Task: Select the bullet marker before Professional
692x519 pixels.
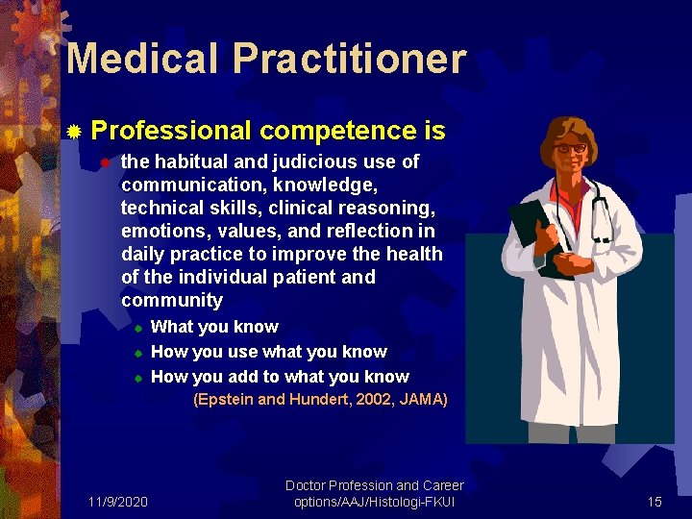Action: [x=75, y=131]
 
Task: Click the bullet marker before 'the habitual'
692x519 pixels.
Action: [x=107, y=162]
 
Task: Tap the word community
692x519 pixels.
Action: [x=171, y=300]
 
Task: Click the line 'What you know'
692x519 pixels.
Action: [x=214, y=327]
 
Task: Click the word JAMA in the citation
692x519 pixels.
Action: [x=424, y=399]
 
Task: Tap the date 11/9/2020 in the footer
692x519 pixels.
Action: [x=117, y=502]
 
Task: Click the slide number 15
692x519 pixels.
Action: [x=655, y=502]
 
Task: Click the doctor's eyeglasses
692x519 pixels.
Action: [x=571, y=148]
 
